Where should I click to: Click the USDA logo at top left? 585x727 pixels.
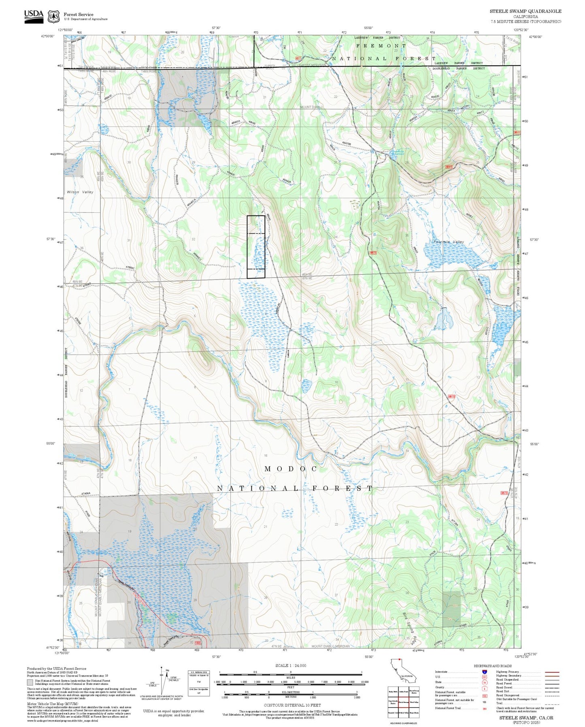[x=34, y=16]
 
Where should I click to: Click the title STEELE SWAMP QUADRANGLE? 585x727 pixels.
[x=525, y=11]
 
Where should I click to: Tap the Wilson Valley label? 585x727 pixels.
[x=80, y=192]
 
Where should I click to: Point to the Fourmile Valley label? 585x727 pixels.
[x=449, y=242]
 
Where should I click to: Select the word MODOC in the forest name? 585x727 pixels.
[x=291, y=469]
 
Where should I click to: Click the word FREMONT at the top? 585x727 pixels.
[x=381, y=46]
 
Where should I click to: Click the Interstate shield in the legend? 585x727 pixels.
[x=484, y=671]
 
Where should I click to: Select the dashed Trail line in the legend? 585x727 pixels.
[x=552, y=705]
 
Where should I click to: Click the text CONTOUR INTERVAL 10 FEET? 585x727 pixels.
[x=290, y=705]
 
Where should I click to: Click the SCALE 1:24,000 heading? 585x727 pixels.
[x=290, y=666]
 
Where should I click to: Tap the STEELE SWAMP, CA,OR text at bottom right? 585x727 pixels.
[x=526, y=718]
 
